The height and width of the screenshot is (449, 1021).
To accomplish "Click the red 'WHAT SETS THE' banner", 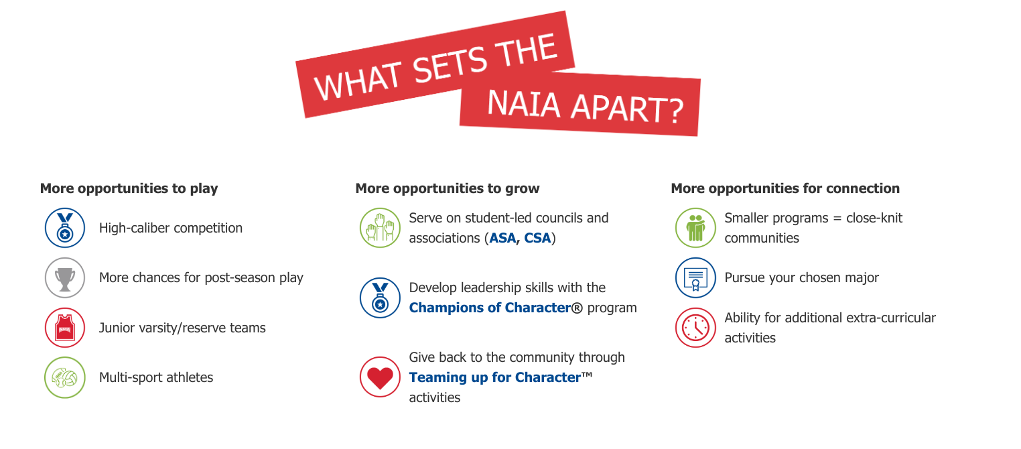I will [x=435, y=67].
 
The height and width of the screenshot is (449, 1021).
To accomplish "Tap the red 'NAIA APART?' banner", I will [x=580, y=107].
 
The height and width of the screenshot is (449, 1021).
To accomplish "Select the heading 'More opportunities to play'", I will [x=129, y=188].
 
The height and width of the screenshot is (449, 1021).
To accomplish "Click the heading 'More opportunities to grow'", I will [x=448, y=188].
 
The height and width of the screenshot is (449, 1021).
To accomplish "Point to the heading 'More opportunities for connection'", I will [x=785, y=188].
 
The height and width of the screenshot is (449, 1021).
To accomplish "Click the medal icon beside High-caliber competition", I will [x=65, y=228].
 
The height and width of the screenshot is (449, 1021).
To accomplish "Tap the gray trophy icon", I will [x=65, y=277].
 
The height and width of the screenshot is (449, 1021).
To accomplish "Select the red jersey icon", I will [x=65, y=328].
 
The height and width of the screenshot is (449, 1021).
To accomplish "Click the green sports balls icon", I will [x=65, y=377].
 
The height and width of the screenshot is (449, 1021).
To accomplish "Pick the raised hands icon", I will [x=380, y=228].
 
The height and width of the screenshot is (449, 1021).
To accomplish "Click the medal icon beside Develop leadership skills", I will [x=380, y=298].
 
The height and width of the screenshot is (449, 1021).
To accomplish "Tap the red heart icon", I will [x=380, y=377].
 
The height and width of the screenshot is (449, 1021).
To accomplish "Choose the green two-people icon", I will [x=695, y=228].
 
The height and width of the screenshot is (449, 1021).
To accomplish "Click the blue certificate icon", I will [x=695, y=277].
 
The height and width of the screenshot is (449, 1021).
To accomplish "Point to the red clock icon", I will [x=695, y=328].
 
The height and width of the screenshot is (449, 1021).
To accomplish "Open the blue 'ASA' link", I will [x=503, y=238].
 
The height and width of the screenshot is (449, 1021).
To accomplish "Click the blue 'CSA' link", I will [x=537, y=238].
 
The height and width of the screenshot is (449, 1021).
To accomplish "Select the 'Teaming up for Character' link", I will [x=494, y=377].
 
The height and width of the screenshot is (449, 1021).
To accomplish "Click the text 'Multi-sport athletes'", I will [x=156, y=377].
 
